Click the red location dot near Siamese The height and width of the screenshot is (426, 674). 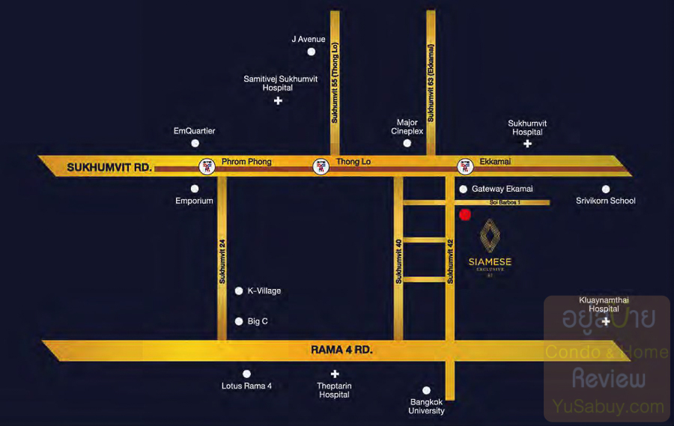tap(464, 215)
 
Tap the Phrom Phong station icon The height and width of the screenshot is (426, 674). tap(205, 166)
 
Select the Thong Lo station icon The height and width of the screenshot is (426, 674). tap(321, 166)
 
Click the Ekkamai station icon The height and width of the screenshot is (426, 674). tap(465, 166)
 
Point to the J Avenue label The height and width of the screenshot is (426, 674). tap(309, 39)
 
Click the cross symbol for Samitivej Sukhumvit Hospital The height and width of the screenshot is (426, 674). tap(278, 100)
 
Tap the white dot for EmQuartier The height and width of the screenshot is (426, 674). tap(195, 143)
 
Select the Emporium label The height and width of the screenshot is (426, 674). tap(195, 201)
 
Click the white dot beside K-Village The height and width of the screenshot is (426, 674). tap(239, 290)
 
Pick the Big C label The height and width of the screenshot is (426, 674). tap(258, 321)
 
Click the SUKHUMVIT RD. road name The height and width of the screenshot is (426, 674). tap(109, 168)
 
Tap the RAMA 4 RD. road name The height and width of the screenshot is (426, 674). tap(341, 350)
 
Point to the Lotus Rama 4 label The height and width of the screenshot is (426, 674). tap(246, 386)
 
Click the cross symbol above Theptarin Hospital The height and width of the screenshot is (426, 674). tap(335, 374)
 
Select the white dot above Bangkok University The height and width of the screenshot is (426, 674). tap(426, 390)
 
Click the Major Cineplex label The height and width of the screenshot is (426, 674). tap(407, 127)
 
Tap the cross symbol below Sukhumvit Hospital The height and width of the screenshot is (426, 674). tap(527, 143)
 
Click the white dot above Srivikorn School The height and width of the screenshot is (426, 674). tap(606, 189)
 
